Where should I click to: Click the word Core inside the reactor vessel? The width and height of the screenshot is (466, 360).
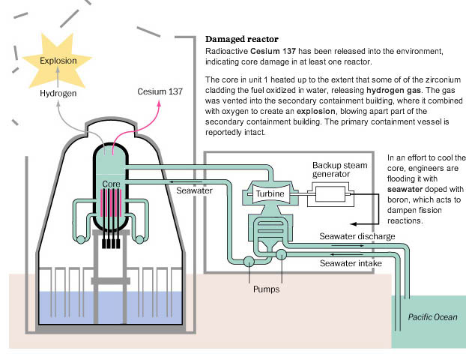point(111,184)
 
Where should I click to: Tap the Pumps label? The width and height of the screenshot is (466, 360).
point(266,287)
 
